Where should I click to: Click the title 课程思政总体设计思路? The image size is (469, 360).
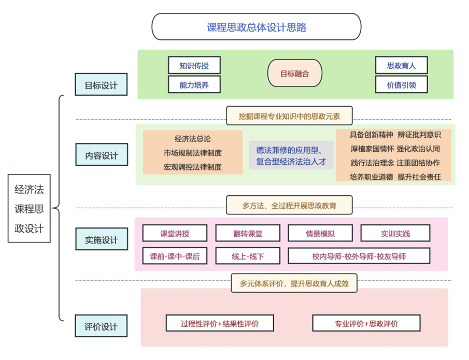[257, 27]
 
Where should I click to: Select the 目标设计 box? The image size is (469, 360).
[101, 84]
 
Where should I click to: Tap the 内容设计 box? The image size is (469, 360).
[102, 154]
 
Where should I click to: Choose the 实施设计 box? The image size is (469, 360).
[102, 239]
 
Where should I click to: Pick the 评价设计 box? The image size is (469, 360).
[101, 326]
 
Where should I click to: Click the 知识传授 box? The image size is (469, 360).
[194, 65]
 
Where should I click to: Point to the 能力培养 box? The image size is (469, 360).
[194, 84]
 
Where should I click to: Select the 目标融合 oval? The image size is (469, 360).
[295, 73]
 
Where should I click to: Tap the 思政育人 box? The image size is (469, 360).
[402, 65]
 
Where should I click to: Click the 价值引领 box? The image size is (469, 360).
[402, 84]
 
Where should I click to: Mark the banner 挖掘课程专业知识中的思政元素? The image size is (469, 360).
[289, 116]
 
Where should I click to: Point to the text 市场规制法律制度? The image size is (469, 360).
[193, 153]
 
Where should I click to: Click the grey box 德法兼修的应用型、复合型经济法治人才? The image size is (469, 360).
[291, 155]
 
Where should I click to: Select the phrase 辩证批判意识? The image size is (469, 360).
[419, 135]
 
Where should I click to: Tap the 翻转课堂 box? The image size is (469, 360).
[248, 233]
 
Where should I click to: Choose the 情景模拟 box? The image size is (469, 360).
[320, 233]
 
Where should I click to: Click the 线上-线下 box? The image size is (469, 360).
[248, 256]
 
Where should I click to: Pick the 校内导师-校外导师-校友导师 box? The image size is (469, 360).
[359, 256]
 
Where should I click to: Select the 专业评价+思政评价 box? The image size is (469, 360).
[366, 323]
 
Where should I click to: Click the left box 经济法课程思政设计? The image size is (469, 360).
[29, 208]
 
